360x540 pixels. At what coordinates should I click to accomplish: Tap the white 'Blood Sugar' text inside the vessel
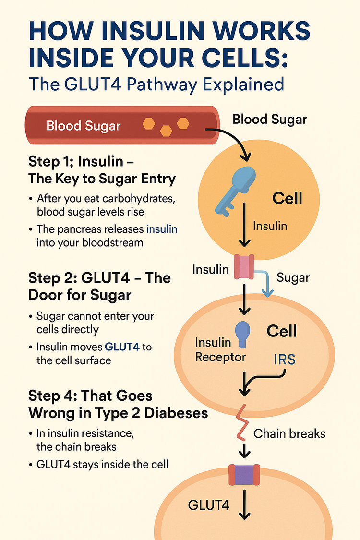point(84,126)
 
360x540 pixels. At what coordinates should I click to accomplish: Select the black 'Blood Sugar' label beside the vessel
point(269,120)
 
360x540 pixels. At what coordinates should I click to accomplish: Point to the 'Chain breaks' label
point(289,434)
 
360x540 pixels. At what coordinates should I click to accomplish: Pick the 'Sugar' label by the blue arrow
point(293,277)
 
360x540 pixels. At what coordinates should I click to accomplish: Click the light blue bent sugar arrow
point(265,283)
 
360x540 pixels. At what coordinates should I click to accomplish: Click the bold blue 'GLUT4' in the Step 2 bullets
point(122,346)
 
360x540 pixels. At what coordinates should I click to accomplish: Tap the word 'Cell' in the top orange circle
point(287,198)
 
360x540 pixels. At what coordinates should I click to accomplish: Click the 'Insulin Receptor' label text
point(220,350)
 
